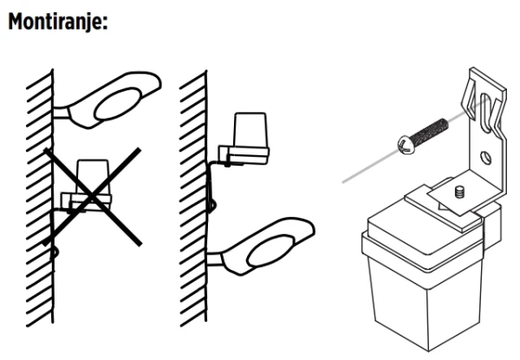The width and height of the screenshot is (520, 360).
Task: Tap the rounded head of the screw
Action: (406, 145)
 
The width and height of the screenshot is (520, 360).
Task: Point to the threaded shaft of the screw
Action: (430, 131)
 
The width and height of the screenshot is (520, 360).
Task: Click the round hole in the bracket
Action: (486, 157)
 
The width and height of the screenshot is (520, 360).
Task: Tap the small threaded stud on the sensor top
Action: (459, 192)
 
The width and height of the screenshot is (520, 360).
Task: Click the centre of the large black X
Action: (92, 197)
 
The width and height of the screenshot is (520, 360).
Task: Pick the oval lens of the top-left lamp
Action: (117, 104)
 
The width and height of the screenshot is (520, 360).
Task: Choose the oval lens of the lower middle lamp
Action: (270, 251)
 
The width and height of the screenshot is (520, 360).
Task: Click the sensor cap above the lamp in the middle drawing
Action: (250, 130)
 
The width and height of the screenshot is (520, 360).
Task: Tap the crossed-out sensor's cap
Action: (93, 177)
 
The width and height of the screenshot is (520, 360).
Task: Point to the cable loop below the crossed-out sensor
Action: (55, 252)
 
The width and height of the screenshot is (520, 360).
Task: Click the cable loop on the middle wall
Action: (211, 205)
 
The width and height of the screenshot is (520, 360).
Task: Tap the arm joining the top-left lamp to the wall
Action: (62, 113)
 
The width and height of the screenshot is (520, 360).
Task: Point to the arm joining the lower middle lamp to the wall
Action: (215, 259)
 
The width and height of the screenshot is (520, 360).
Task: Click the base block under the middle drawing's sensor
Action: (244, 155)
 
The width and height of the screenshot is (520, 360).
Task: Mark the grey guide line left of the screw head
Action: (370, 167)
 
